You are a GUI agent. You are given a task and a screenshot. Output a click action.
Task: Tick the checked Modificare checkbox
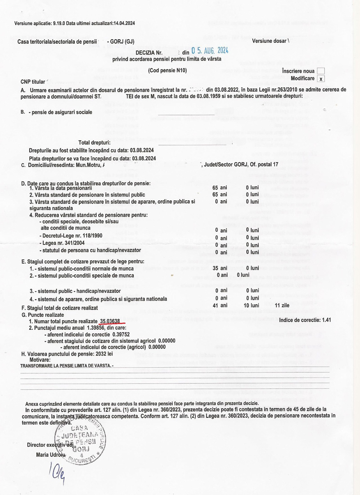(x=320, y=78)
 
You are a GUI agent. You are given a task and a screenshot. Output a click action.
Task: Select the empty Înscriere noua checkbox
(x=320, y=71)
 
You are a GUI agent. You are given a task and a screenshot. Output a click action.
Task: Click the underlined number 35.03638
(x=110, y=321)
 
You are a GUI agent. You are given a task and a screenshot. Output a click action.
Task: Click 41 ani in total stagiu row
(x=221, y=306)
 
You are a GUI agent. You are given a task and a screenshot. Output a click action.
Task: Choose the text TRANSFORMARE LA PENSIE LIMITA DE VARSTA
(x=67, y=366)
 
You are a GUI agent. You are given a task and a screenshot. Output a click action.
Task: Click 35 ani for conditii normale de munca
(x=221, y=268)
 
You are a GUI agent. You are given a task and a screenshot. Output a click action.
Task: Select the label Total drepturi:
(x=94, y=143)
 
